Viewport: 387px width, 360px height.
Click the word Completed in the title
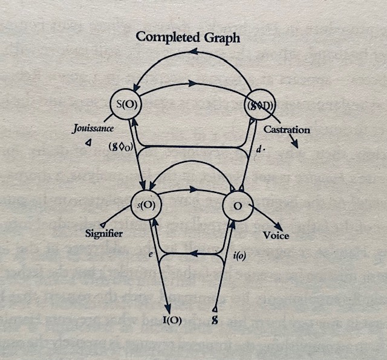168,38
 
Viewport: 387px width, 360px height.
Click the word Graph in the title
222,38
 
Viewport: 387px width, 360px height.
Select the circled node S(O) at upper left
126,104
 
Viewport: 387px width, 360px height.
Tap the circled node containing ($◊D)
259,105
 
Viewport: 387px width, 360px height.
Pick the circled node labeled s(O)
146,205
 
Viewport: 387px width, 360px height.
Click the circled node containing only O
238,206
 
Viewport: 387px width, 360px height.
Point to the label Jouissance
93,129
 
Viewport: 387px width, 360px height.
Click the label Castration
287,129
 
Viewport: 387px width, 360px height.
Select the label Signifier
104,234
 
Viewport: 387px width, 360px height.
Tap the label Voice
276,235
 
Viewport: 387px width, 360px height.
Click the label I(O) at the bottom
172,320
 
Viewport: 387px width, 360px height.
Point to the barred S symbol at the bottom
215,320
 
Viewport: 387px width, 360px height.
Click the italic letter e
150,255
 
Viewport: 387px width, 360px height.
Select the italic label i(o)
239,257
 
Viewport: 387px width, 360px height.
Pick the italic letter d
258,149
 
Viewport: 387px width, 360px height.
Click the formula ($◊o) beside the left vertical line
121,146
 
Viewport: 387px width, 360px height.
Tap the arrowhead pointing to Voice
278,227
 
